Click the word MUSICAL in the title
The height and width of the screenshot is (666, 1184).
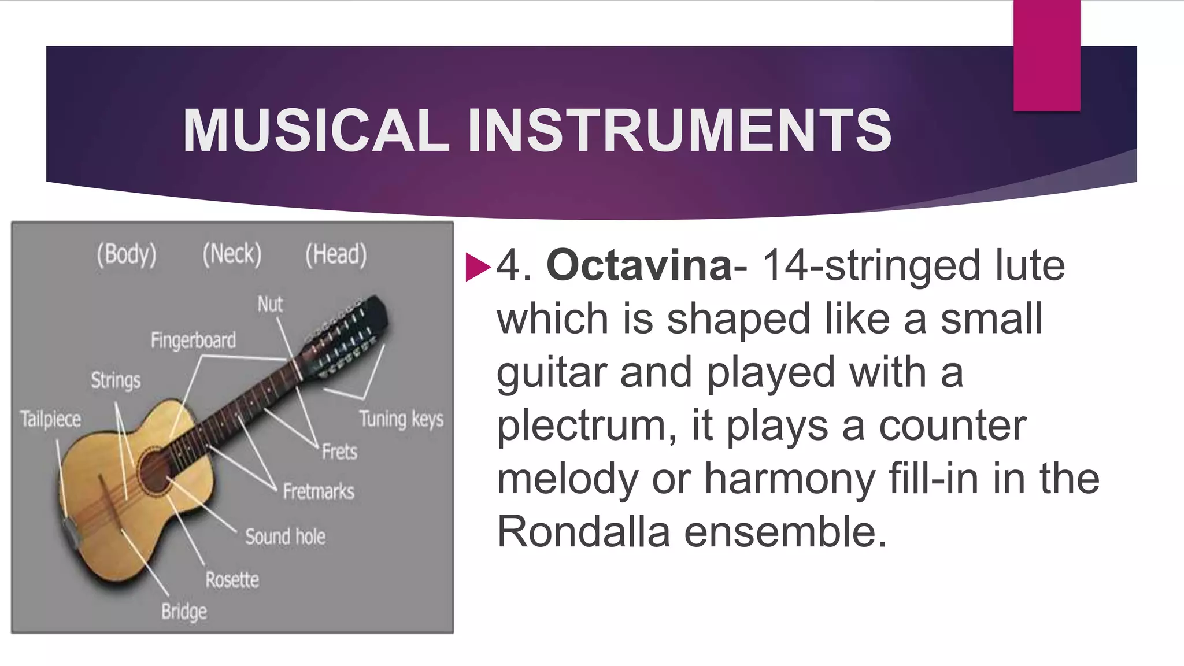(x=316, y=131)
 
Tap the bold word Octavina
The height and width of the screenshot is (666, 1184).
(x=639, y=265)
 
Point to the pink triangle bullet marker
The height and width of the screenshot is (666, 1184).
(x=477, y=267)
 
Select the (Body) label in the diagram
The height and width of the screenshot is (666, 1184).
(x=127, y=254)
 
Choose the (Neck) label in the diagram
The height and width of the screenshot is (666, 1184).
(x=232, y=254)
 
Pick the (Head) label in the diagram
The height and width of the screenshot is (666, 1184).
(x=336, y=254)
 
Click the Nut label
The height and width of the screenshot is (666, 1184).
(x=270, y=304)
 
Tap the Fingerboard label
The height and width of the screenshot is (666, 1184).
(x=193, y=341)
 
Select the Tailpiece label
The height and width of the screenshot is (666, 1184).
(x=50, y=419)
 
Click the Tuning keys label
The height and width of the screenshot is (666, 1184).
(x=401, y=419)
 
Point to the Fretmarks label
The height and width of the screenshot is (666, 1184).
(x=319, y=491)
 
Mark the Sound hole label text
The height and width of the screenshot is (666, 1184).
(x=285, y=536)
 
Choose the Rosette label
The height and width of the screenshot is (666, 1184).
(x=232, y=579)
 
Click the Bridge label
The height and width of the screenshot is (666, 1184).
(x=184, y=612)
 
